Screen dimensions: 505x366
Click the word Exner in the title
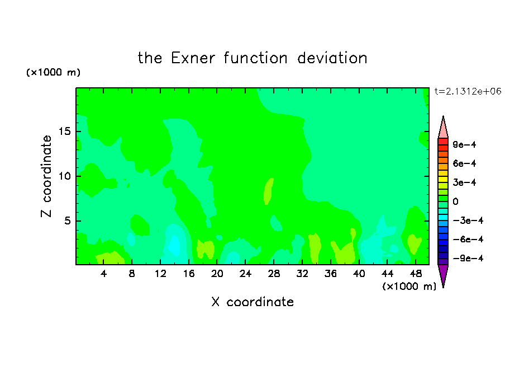tap(193, 58)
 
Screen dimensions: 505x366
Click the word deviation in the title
tap(332, 58)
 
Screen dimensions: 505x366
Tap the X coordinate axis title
tap(252, 302)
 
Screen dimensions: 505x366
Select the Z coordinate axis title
tap(46, 176)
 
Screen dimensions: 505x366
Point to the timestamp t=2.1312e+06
tap(468, 91)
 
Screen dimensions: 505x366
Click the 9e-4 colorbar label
tap(464, 144)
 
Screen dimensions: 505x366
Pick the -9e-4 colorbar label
tap(468, 258)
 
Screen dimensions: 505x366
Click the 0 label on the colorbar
tap(455, 201)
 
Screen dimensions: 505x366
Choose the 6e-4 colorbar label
tap(464, 163)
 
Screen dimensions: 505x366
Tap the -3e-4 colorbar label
tap(468, 220)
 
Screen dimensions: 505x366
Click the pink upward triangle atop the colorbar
tap(443, 127)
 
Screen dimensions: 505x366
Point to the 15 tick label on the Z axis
tap(64, 132)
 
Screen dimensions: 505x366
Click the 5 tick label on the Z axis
tap(67, 220)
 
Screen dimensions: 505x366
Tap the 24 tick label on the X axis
tap(245, 274)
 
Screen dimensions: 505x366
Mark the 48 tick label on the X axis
tap(416, 274)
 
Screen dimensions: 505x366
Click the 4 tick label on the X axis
tap(103, 274)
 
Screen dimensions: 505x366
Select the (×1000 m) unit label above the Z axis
tap(53, 72)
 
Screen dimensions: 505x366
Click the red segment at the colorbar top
tap(443, 142)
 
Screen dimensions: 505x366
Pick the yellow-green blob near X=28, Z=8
tap(268, 191)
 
